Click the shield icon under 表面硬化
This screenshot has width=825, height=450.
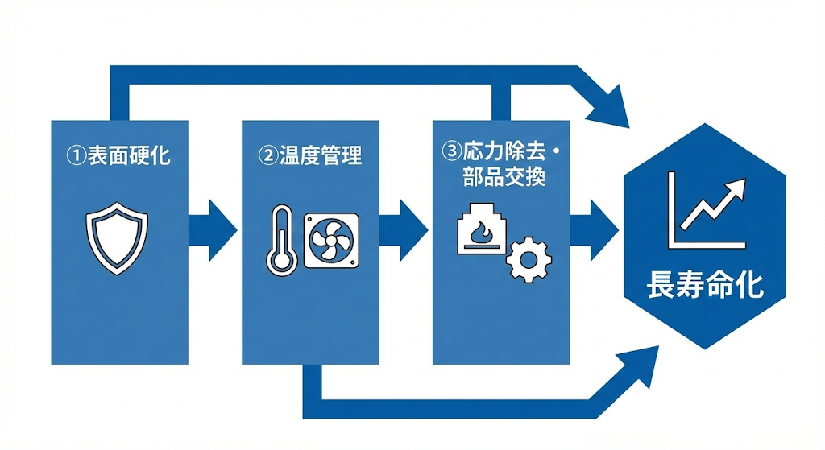click(118, 238)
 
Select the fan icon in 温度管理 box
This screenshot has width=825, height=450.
click(332, 240)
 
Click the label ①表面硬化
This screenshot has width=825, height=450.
click(118, 154)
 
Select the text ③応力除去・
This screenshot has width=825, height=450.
click(501, 151)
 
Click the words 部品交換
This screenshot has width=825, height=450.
click(504, 177)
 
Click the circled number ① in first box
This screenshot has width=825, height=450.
click(75, 155)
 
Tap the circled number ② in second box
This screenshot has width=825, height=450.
click(267, 155)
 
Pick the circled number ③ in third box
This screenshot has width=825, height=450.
click(451, 151)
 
